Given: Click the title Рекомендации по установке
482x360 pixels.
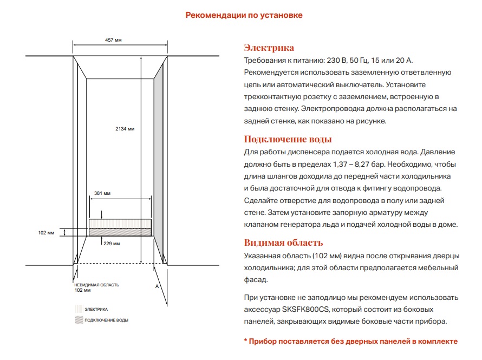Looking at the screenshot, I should click(x=244, y=15).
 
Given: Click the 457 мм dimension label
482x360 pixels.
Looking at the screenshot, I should click(x=113, y=40).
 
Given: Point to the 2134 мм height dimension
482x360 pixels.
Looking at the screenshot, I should click(x=125, y=129).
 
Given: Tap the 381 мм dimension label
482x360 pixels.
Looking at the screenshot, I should click(x=102, y=193).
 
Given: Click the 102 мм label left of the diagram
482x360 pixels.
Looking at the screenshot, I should click(x=47, y=233).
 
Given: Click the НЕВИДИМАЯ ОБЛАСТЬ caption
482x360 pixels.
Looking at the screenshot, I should click(x=96, y=285).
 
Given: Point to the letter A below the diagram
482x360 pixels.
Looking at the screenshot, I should click(x=157, y=285).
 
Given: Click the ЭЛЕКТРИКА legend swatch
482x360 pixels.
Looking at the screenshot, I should click(x=79, y=309).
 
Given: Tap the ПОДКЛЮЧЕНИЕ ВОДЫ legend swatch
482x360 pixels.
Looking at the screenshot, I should click(x=79, y=320).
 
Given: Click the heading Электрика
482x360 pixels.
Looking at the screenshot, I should click(x=269, y=48).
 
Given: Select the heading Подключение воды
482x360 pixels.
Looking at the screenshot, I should click(x=288, y=139).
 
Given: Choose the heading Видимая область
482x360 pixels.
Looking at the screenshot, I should click(x=283, y=243).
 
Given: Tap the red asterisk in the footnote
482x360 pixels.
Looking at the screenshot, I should click(x=245, y=341).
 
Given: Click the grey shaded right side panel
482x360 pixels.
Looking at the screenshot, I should click(x=159, y=157).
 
